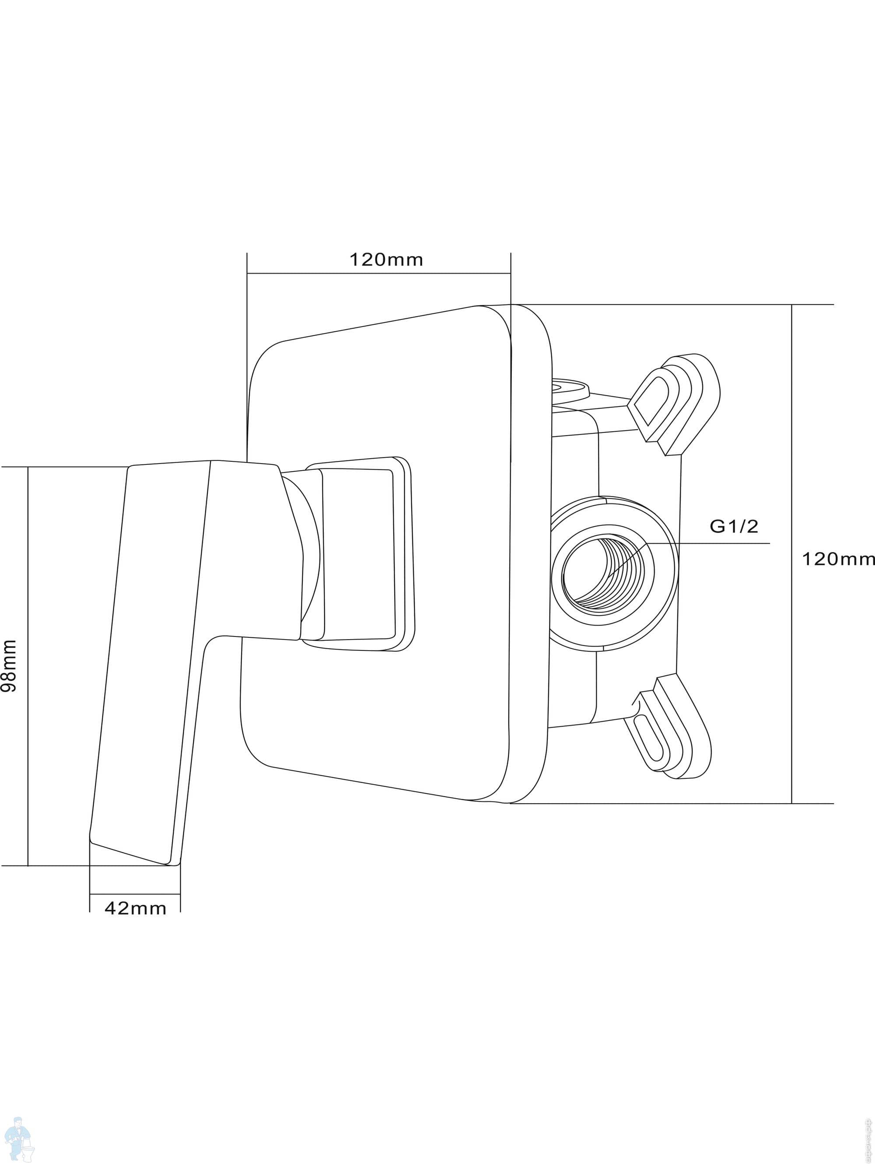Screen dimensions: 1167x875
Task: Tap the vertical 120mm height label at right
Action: click(x=837, y=559)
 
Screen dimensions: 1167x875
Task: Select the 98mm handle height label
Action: click(x=10, y=666)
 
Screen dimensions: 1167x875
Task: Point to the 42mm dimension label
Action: click(x=136, y=908)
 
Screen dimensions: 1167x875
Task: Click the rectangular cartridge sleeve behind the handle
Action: click(x=359, y=554)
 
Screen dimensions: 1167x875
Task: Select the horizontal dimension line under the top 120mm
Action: click(x=379, y=273)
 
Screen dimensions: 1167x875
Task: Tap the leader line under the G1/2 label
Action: click(x=707, y=543)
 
